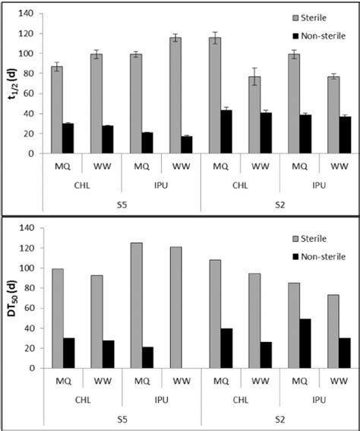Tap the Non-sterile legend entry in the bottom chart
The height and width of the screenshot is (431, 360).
point(324,257)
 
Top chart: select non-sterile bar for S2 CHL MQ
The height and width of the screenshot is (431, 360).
point(226,132)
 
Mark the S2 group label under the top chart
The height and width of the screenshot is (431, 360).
point(277,202)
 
